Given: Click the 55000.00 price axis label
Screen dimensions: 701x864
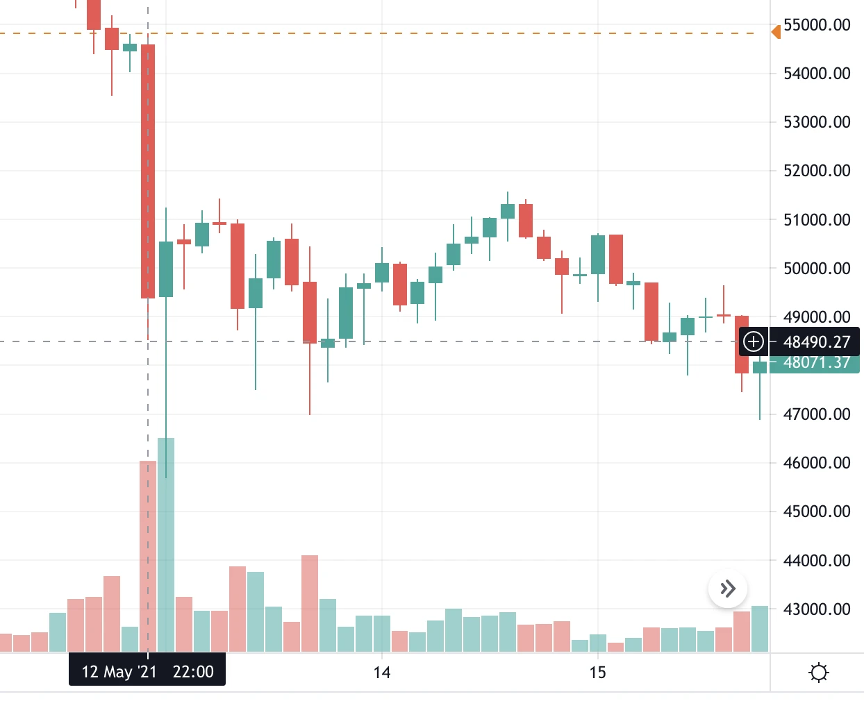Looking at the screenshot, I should click(817, 25).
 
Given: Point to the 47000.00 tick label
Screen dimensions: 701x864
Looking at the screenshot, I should click(817, 414).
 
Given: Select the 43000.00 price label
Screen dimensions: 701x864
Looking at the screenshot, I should click(817, 609).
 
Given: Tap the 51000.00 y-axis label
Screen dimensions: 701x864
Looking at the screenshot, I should click(817, 220).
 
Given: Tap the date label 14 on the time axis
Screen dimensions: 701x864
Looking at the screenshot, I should click(381, 673).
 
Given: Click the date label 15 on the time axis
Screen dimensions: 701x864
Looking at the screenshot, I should click(597, 673).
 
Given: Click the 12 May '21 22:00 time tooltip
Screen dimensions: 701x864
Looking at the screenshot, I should click(147, 672).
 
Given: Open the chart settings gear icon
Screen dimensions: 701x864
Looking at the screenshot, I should click(819, 673).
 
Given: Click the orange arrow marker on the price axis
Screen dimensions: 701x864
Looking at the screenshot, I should click(776, 32).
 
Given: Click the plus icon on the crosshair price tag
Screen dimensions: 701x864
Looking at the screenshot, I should click(754, 341).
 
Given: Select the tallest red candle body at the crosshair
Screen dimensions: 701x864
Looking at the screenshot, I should click(148, 171).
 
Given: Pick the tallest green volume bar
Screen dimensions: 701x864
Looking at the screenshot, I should click(166, 545).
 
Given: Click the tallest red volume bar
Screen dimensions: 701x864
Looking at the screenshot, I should click(148, 556).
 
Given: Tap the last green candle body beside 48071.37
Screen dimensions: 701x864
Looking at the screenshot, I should click(760, 367).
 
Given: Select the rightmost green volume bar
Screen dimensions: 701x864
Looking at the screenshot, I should click(760, 629).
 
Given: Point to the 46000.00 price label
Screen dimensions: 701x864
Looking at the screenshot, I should click(817, 463).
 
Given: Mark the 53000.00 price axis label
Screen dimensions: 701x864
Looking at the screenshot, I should click(817, 122).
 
